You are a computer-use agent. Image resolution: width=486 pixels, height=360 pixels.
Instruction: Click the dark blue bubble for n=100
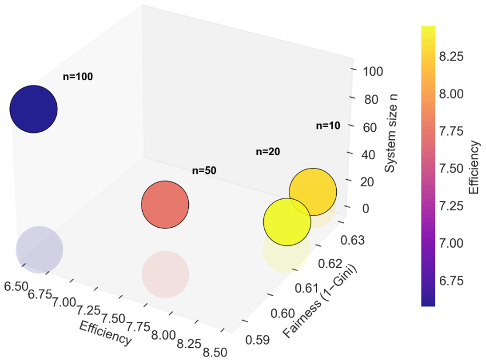tap(34, 109)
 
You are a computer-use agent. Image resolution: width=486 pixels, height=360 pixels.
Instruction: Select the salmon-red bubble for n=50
tap(166, 204)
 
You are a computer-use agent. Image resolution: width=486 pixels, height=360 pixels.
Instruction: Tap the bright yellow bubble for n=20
tap(287, 222)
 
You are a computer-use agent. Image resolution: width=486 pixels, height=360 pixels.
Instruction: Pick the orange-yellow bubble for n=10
tap(313, 191)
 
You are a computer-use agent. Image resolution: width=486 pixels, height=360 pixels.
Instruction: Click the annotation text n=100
tap(78, 77)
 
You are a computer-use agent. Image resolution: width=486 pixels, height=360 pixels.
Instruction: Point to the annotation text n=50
tap(205, 171)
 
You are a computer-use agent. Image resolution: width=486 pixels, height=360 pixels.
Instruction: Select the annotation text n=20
tap(268, 152)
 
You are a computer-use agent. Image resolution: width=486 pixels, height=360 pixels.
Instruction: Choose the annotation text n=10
tap(328, 125)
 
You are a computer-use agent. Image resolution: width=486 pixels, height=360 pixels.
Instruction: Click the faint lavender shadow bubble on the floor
tap(39, 249)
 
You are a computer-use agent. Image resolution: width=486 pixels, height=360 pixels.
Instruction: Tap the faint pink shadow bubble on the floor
tap(166, 274)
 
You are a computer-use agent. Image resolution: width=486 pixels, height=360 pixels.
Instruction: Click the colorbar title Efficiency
tap(474, 167)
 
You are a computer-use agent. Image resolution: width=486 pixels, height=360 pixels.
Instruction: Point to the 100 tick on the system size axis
tap(372, 71)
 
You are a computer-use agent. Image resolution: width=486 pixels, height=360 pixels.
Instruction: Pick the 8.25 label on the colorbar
tap(451, 56)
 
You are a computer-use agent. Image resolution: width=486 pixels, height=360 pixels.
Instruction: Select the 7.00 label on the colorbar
tap(451, 242)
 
